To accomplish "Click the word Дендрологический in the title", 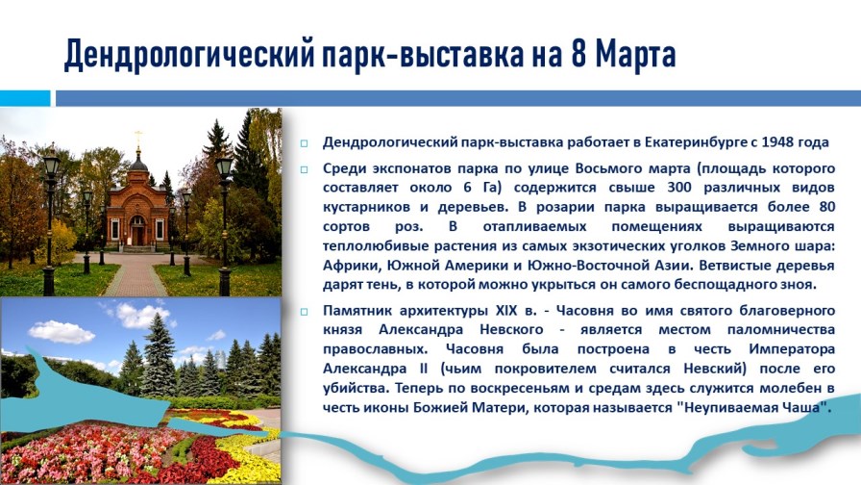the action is point(189,56).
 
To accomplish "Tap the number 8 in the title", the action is point(578,54).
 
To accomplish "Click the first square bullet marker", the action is point(304,144).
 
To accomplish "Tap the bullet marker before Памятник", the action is point(304,312).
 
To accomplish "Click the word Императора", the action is point(792,349).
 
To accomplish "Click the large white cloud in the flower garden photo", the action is point(61,332).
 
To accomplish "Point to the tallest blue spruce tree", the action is point(159,354).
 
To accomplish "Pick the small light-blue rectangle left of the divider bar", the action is point(25,98).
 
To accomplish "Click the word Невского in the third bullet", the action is point(511,330).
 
